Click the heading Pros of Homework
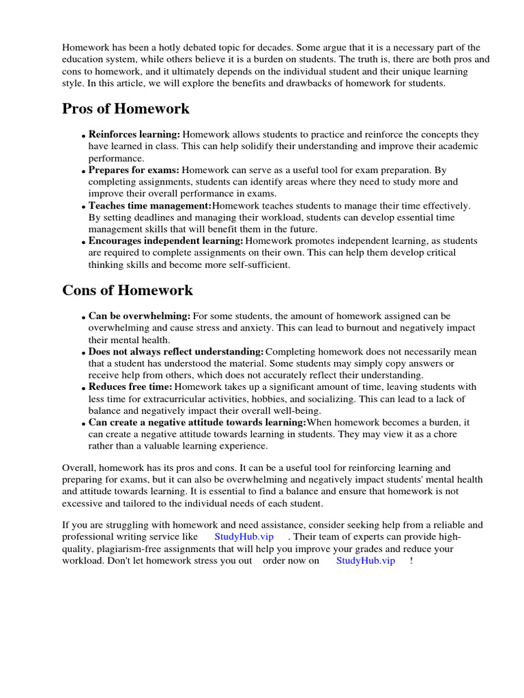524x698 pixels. tap(126, 109)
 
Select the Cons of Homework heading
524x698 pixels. tap(128, 290)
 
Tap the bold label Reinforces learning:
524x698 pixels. tap(134, 135)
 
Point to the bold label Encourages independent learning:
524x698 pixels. tap(166, 241)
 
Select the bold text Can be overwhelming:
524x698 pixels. tap(139, 316)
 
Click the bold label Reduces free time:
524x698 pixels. tap(131, 387)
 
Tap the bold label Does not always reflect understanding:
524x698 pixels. tap(176, 352)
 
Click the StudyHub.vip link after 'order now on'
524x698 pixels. tap(366, 561)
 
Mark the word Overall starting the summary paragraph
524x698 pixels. tap(80, 468)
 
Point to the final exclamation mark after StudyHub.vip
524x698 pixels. tap(411, 561)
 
